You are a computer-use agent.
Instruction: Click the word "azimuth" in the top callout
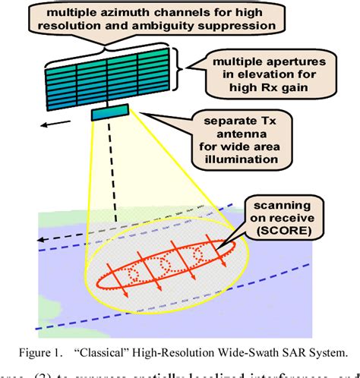(131, 13)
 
